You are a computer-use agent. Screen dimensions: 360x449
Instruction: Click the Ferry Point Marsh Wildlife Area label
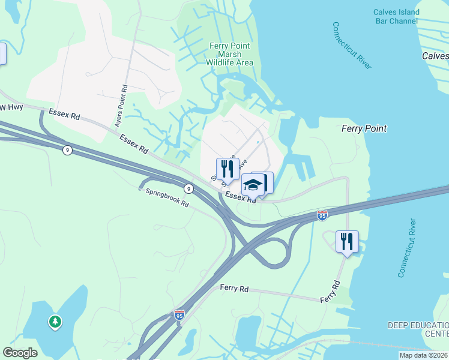(x=230, y=54)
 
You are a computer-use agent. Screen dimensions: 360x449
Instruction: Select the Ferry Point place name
(x=364, y=128)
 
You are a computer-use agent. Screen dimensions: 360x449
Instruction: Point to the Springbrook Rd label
(x=167, y=199)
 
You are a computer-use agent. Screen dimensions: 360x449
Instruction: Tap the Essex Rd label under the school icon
(x=241, y=197)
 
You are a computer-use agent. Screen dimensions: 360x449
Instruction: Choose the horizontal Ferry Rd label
(x=234, y=289)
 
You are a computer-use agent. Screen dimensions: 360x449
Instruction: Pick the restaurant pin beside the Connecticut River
(x=347, y=241)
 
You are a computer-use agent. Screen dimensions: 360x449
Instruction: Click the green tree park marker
(x=55, y=322)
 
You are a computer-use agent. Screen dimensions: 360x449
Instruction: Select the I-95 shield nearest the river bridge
(x=322, y=215)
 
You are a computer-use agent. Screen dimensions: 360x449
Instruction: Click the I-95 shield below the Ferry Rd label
(x=179, y=314)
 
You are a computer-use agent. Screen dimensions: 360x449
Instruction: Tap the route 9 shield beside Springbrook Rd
(x=189, y=188)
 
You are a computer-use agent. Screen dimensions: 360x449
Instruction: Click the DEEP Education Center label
(x=418, y=329)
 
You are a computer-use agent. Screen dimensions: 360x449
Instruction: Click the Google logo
(x=20, y=353)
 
